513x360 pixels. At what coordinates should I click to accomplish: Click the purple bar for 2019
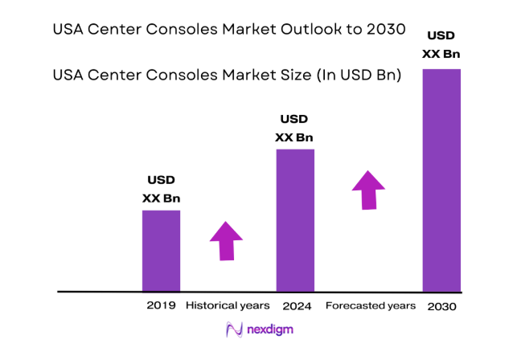click(161, 250)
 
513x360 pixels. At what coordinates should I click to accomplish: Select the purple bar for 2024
click(295, 219)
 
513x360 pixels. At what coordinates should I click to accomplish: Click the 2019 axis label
click(161, 306)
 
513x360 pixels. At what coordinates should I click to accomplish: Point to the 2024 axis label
click(296, 306)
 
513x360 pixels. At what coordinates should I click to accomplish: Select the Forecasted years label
click(370, 306)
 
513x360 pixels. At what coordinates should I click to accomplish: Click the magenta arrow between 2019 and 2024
click(226, 239)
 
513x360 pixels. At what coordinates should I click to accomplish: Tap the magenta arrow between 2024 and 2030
click(367, 190)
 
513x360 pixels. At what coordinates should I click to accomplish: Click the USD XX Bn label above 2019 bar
click(161, 189)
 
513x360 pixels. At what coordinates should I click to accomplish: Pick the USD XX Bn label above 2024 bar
click(294, 129)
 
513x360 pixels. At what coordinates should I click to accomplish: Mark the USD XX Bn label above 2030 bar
click(441, 46)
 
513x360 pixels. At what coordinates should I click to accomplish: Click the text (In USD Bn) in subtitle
click(360, 75)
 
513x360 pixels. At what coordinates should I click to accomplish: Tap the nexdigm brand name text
click(268, 330)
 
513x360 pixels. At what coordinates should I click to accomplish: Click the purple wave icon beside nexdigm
click(234, 330)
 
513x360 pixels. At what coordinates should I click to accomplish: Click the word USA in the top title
click(68, 30)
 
